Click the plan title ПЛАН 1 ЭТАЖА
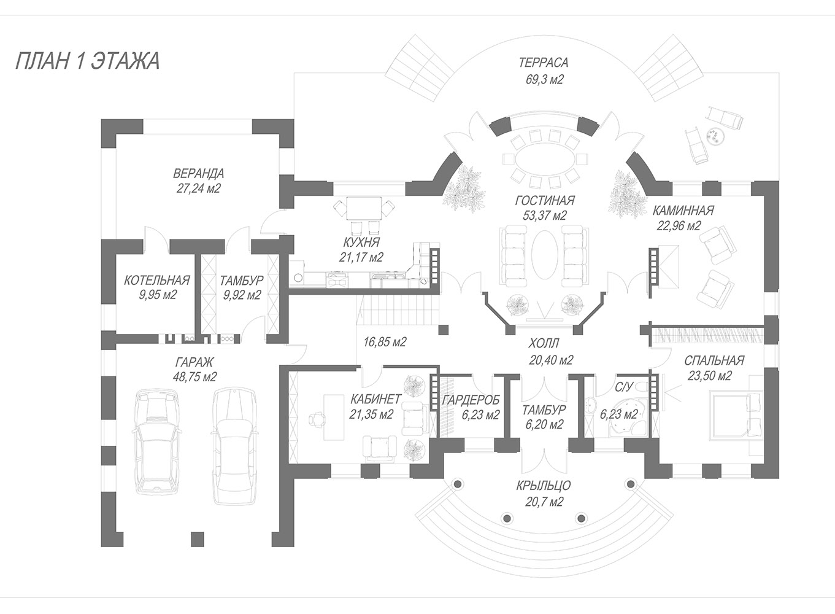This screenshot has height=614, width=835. [x=87, y=62]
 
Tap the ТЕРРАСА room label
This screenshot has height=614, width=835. [x=543, y=63]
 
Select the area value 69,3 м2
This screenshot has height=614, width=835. [x=543, y=79]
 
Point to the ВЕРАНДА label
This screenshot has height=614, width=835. [x=198, y=173]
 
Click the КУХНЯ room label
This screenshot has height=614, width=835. [x=361, y=241]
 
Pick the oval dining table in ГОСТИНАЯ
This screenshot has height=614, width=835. [x=545, y=160]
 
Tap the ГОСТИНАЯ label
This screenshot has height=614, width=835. [x=544, y=200]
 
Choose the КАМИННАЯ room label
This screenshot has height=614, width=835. [x=683, y=211]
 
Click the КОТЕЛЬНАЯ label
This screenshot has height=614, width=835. [x=156, y=280]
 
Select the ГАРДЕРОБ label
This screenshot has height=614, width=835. [x=471, y=400]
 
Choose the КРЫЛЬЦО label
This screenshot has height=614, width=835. [x=544, y=486]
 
